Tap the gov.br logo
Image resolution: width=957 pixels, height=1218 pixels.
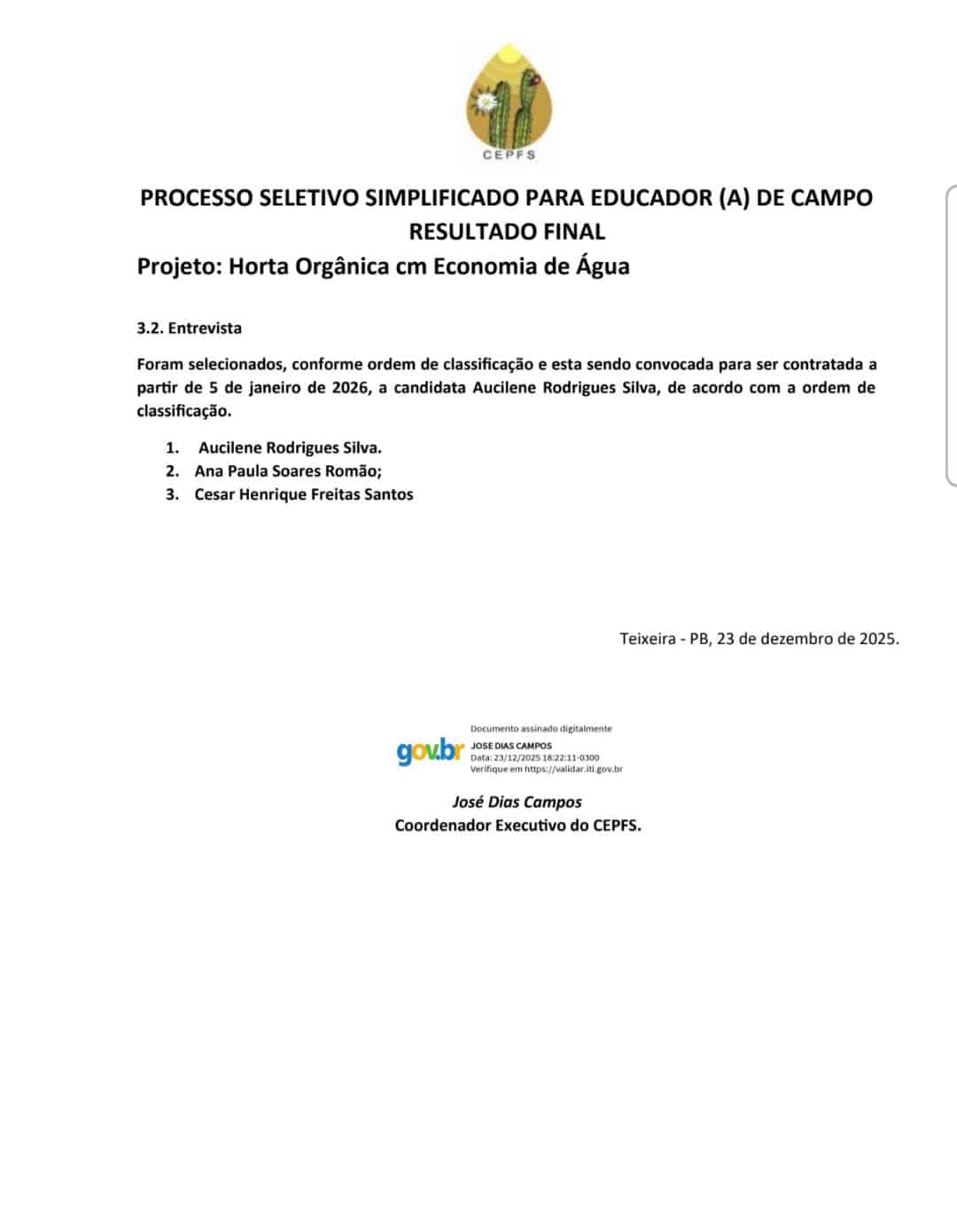point(430,751)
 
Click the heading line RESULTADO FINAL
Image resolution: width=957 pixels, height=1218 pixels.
point(507,232)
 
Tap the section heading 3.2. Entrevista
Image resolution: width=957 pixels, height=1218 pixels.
point(189,329)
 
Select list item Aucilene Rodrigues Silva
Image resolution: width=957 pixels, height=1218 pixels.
point(290,448)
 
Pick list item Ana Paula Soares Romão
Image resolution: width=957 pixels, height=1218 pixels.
point(288,471)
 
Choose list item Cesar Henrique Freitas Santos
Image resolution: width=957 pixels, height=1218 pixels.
point(304,494)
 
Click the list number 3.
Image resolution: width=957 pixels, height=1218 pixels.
point(172,494)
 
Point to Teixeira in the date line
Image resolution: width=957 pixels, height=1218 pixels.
point(647,639)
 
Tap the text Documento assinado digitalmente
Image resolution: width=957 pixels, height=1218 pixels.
point(541,729)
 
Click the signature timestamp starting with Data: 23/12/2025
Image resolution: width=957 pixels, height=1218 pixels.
point(534,758)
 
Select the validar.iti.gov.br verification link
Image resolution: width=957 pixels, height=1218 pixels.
point(573,770)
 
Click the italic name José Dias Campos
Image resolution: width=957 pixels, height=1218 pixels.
point(517,803)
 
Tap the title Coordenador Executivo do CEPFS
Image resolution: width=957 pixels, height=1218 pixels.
point(517,826)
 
